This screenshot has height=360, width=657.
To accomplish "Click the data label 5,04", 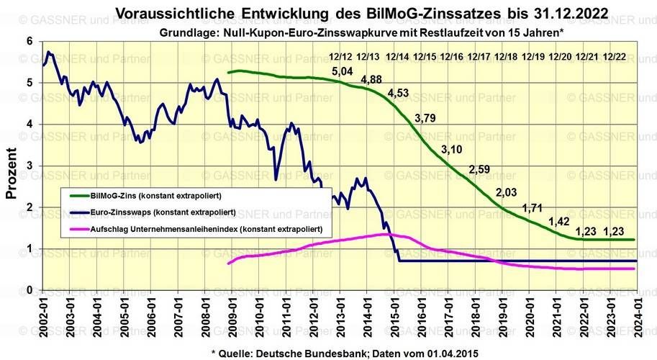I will point(343,71).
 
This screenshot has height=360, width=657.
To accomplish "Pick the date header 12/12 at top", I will point(341,56).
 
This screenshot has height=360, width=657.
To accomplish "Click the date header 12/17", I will point(479,56).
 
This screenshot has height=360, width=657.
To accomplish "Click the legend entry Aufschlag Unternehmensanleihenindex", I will point(205,229).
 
